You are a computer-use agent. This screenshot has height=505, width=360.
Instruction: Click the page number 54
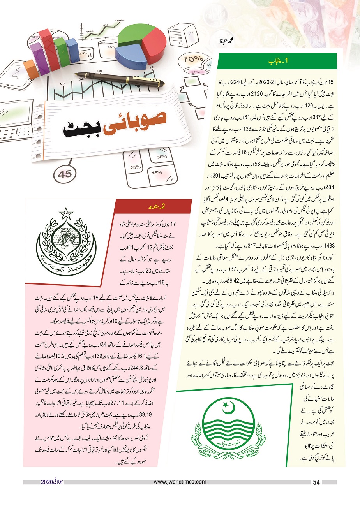[316, 482]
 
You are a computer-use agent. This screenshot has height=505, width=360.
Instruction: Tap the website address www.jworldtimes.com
[180, 482]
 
